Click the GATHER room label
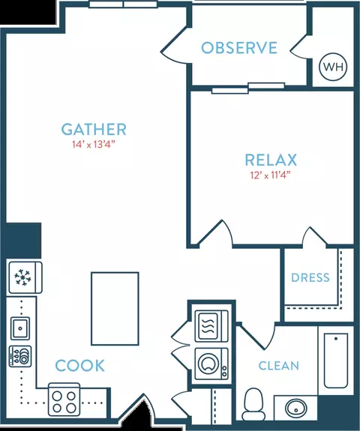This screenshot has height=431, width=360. pyautogui.click(x=94, y=130)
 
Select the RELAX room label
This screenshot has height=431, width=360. pyautogui.click(x=271, y=160)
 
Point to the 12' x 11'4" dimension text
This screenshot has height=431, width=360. pyautogui.click(x=270, y=175)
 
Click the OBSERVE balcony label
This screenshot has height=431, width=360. pyautogui.click(x=239, y=47)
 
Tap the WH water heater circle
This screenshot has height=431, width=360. pyautogui.click(x=333, y=67)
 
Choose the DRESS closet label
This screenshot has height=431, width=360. pyautogui.click(x=310, y=277)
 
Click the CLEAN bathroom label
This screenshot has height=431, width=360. pyautogui.click(x=278, y=366)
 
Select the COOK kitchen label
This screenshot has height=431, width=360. pyautogui.click(x=80, y=366)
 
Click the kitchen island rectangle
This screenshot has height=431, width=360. pyautogui.click(x=115, y=308)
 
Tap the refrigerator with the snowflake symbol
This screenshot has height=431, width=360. pyautogui.click(x=25, y=277)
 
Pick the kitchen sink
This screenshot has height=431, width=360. pyautogui.click(x=20, y=328)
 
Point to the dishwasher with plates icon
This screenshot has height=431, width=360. pyautogui.click(x=20, y=356)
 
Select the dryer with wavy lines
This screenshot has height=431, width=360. pyautogui.click(x=211, y=326)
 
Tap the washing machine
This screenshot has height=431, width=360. pyautogui.click(x=211, y=364)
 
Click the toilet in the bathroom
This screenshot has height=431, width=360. pyautogui.click(x=253, y=404)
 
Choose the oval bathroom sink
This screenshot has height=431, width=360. pyautogui.click(x=296, y=409)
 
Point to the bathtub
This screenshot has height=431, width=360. pyautogui.click(x=336, y=361)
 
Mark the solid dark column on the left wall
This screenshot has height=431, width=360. pyautogui.click(x=23, y=241)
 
